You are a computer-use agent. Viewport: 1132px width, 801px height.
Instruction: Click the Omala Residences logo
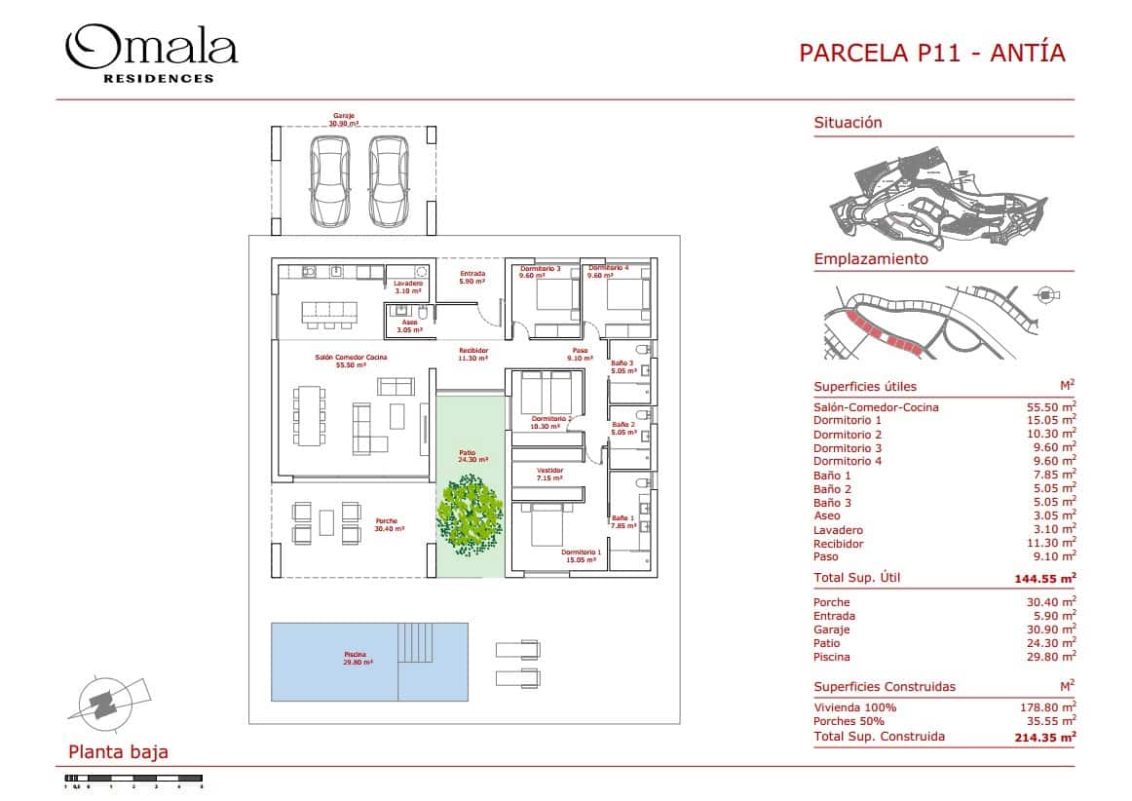click(x=150, y=54)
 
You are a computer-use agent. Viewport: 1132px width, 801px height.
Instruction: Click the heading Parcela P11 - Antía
click(x=931, y=53)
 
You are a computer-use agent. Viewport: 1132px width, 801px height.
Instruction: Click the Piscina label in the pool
click(x=354, y=657)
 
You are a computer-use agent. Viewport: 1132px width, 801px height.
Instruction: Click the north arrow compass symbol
click(x=101, y=700)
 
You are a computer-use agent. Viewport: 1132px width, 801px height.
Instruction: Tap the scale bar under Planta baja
click(x=132, y=778)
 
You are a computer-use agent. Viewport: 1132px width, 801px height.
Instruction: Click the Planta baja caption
click(x=118, y=751)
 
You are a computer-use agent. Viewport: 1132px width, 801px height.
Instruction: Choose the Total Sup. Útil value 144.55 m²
click(x=1044, y=578)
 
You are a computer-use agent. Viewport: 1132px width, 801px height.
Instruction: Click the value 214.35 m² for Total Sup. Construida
click(x=1044, y=737)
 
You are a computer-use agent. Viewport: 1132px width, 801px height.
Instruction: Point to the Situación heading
click(x=848, y=123)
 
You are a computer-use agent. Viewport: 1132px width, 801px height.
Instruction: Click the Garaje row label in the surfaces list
click(x=831, y=629)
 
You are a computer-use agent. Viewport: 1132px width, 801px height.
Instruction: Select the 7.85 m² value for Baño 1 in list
click(x=1056, y=476)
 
